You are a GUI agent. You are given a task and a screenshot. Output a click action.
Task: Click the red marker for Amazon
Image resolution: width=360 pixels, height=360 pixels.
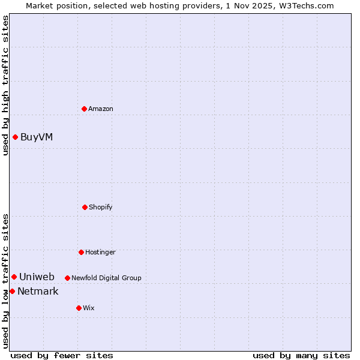point(84,109)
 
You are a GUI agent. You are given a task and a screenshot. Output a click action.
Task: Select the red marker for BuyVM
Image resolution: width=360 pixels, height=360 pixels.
point(15,137)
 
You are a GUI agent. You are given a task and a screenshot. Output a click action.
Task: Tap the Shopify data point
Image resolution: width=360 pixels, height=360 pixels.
point(85,207)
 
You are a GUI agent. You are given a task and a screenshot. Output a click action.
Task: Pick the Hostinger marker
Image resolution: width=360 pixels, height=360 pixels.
point(81,252)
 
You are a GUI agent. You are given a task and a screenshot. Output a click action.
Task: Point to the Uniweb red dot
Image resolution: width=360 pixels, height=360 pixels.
point(14,277)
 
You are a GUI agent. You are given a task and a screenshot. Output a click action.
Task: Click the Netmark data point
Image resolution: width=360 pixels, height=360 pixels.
point(12,291)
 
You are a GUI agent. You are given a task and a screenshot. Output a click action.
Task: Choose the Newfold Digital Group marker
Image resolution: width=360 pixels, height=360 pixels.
point(67,278)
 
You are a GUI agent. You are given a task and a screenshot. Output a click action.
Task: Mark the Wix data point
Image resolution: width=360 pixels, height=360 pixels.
point(79,308)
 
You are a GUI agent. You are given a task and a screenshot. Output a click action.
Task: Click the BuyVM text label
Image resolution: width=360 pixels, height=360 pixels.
point(37,137)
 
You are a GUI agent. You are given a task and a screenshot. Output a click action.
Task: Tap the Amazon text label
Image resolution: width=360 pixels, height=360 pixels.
point(101,109)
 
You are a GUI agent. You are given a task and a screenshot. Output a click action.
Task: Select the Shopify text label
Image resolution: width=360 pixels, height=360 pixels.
point(101,207)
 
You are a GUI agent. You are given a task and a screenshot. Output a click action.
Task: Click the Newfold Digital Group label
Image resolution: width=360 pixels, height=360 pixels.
point(106,278)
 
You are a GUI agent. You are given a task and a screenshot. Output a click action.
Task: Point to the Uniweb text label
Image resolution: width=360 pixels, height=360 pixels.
point(37,277)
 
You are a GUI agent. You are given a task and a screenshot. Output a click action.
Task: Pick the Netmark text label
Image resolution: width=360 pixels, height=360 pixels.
point(38,291)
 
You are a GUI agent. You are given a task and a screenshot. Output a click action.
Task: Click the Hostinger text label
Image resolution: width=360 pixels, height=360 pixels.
point(100,252)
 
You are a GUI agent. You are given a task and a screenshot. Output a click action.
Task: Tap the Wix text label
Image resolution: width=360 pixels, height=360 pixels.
point(89,308)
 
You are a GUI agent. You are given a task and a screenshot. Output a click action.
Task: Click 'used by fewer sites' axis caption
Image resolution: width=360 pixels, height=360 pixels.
point(62,355)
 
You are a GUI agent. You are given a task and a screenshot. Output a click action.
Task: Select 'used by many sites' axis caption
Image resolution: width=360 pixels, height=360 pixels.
point(301,355)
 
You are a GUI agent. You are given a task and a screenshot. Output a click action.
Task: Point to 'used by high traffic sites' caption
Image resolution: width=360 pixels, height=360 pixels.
point(5,85)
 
